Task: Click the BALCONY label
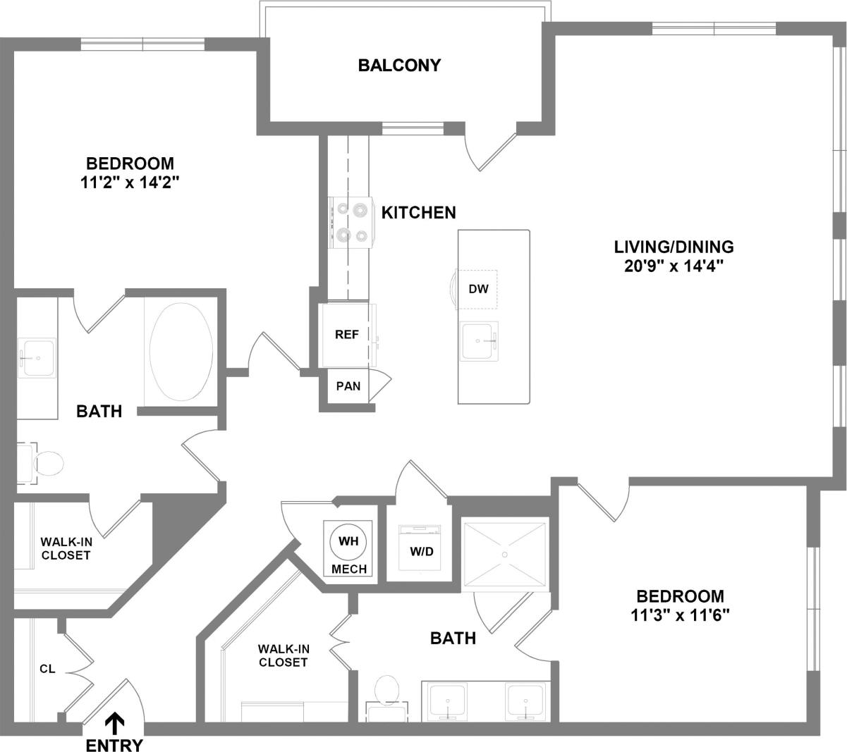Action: [x=399, y=66]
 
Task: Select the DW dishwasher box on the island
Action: [x=477, y=289]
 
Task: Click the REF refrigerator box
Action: [x=347, y=335]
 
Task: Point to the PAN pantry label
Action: [x=348, y=386]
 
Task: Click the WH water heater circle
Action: [x=348, y=542]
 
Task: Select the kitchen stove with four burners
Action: [x=351, y=222]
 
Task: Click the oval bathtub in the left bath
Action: [x=181, y=352]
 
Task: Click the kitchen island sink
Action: [x=479, y=341]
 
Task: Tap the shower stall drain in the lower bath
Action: [x=505, y=554]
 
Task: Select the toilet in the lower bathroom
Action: [x=386, y=691]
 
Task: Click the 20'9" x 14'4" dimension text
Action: [x=674, y=267]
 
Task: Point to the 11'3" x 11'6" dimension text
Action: [x=679, y=615]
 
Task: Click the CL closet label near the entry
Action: [x=47, y=669]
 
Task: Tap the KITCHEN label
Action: [x=419, y=212]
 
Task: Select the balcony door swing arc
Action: [x=487, y=152]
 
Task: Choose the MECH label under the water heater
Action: [x=349, y=569]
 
